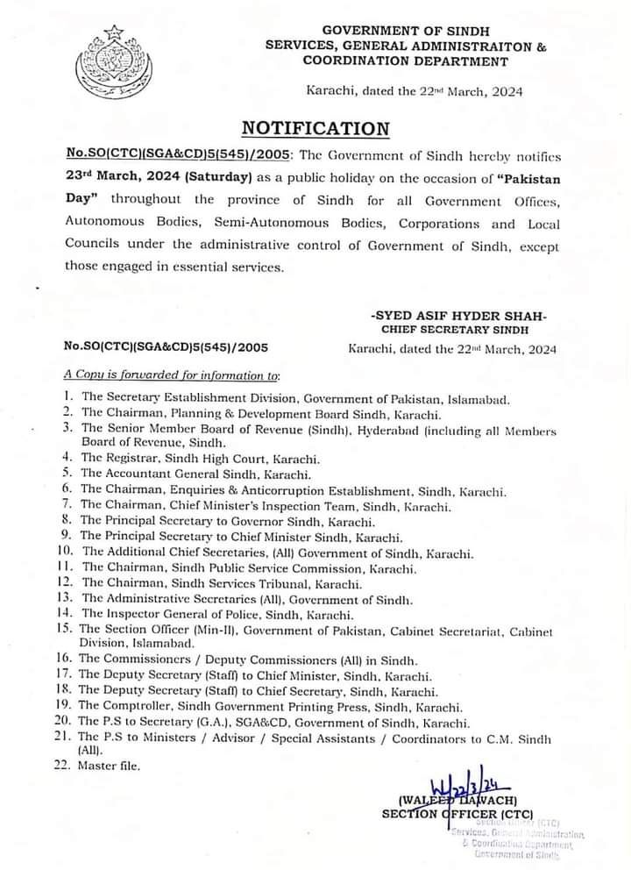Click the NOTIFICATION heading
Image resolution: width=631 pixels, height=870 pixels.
315,128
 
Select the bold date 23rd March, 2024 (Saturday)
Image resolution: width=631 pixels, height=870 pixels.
146,175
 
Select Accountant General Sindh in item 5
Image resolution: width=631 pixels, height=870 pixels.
175,474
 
